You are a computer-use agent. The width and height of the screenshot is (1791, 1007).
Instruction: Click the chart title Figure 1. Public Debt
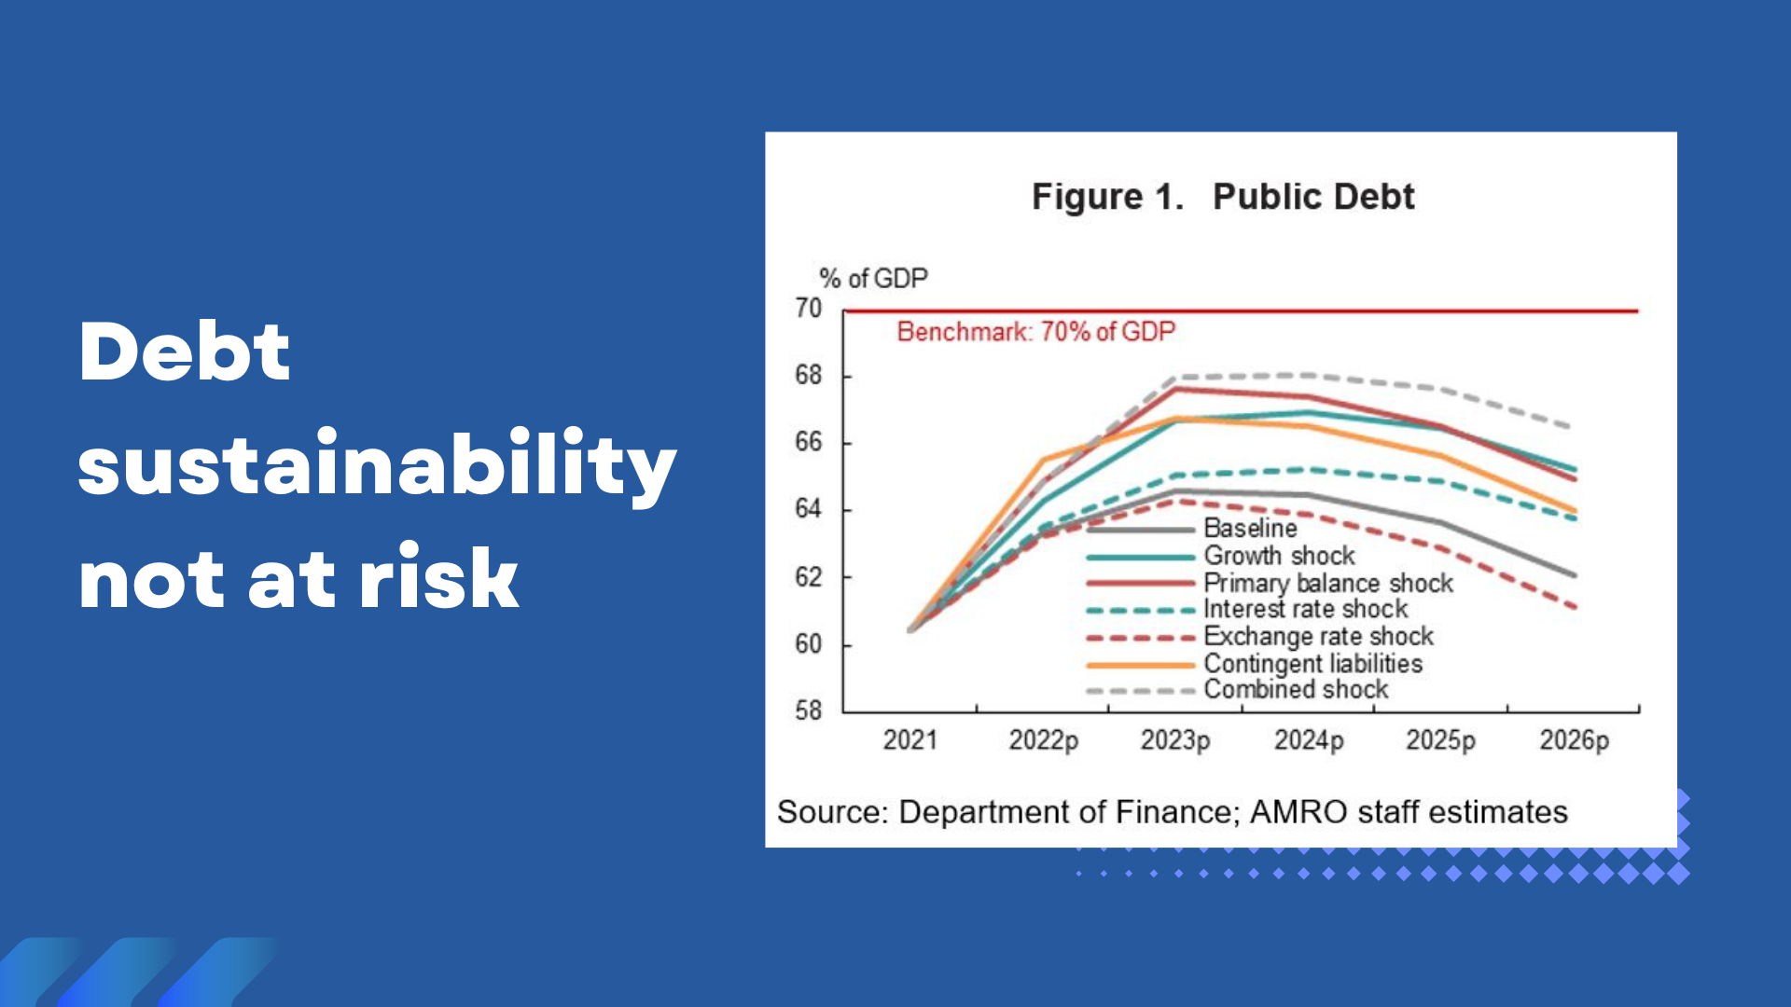pyautogui.click(x=1223, y=197)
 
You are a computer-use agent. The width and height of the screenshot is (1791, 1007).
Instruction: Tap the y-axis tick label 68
pyautogui.click(x=808, y=376)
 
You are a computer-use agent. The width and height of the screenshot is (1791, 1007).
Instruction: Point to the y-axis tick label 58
pyautogui.click(x=808, y=710)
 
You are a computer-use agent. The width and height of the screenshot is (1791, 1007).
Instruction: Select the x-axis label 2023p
pyautogui.click(x=1175, y=741)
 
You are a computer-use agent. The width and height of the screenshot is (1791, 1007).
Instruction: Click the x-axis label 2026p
pyautogui.click(x=1575, y=741)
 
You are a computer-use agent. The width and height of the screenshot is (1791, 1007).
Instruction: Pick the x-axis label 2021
pyautogui.click(x=909, y=740)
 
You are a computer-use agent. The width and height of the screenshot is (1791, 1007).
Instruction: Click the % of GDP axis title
pyautogui.click(x=873, y=278)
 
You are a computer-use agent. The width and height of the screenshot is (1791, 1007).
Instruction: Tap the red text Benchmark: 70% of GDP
pyautogui.click(x=1036, y=332)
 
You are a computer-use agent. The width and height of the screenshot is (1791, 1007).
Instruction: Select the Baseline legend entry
pyautogui.click(x=1191, y=529)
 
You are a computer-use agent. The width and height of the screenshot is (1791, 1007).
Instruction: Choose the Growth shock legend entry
pyautogui.click(x=1220, y=556)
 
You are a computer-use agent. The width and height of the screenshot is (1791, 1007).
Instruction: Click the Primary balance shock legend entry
pyautogui.click(x=1270, y=583)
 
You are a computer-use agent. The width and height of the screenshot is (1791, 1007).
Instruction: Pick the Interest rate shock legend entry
pyautogui.click(x=1247, y=610)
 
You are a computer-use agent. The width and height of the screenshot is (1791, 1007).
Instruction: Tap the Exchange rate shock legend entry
pyautogui.click(x=1259, y=637)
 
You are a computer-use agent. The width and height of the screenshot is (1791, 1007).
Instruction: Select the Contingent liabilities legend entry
pyautogui.click(x=1255, y=664)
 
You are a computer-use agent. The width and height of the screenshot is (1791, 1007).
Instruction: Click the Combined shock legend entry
pyautogui.click(x=1237, y=690)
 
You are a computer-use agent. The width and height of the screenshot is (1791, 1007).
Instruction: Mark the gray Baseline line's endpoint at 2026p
pyautogui.click(x=1575, y=575)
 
